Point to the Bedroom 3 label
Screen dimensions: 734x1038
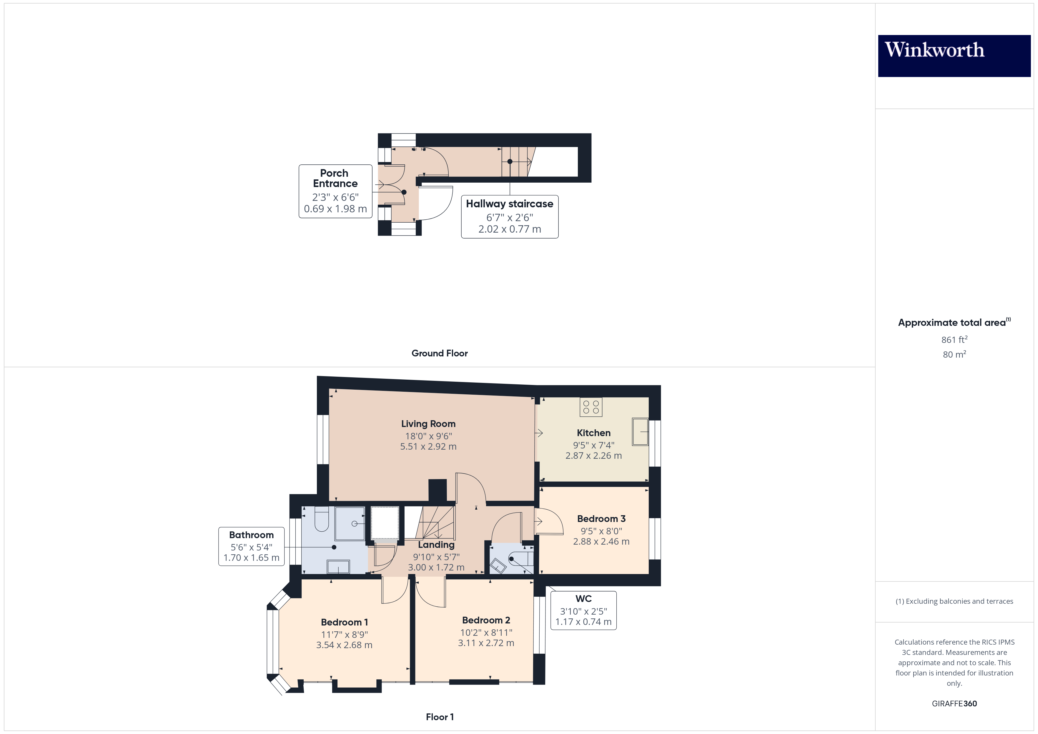coord(601,519)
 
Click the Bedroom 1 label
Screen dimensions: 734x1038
coord(344,622)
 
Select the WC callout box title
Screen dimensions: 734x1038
coord(583,599)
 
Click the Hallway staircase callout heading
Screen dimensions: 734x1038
coord(510,204)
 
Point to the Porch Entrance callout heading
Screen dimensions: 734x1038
coord(335,179)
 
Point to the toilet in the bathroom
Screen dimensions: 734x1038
coord(322,520)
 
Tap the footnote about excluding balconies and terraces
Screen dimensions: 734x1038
coord(954,601)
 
